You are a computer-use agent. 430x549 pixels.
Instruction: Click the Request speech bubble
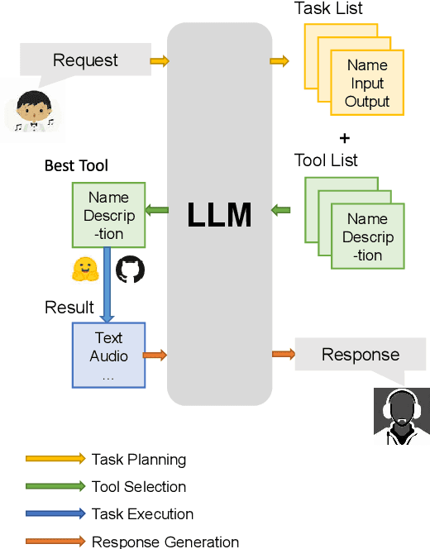[x=85, y=60]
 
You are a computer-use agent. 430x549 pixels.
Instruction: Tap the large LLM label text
[x=219, y=215]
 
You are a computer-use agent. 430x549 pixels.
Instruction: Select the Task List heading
[x=328, y=9]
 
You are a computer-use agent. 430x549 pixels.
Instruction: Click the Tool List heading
[x=326, y=160]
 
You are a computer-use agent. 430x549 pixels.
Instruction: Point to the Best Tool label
[x=76, y=166]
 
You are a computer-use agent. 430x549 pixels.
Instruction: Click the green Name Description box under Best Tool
[x=108, y=215]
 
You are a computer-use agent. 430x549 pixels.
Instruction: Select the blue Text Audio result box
[x=108, y=355]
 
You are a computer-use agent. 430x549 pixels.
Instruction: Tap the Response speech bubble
[x=360, y=355]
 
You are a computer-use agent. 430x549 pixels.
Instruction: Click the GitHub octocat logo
[x=130, y=270]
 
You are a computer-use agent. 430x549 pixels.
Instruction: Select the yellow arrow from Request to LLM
[x=160, y=60]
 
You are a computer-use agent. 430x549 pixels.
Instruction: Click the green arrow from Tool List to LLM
[x=280, y=210]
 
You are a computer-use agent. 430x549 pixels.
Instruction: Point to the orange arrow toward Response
[x=283, y=355]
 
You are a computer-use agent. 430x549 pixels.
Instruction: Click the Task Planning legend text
[x=139, y=459]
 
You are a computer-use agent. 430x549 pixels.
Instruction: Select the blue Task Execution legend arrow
[x=55, y=513]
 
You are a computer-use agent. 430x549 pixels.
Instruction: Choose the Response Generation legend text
[x=165, y=542]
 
